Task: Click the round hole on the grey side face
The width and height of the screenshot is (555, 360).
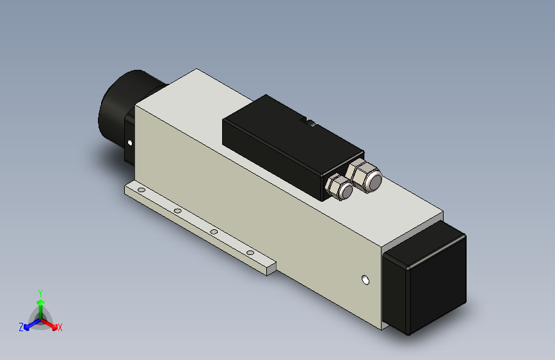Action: [x=366, y=280]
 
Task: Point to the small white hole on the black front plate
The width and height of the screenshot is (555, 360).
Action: [x=131, y=142]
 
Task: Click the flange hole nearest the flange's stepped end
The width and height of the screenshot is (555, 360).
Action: [x=250, y=253]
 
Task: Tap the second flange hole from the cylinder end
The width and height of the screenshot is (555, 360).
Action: [x=177, y=211]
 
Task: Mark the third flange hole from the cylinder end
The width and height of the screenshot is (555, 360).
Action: [x=214, y=232]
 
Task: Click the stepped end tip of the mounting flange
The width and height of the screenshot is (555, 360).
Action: [x=271, y=267]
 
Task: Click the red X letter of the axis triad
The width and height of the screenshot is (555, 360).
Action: [x=60, y=327]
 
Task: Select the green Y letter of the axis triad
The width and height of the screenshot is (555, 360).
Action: [x=40, y=291]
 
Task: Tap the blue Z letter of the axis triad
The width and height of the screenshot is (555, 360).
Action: [x=20, y=327]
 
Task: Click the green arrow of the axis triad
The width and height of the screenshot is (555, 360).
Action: [x=40, y=304]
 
